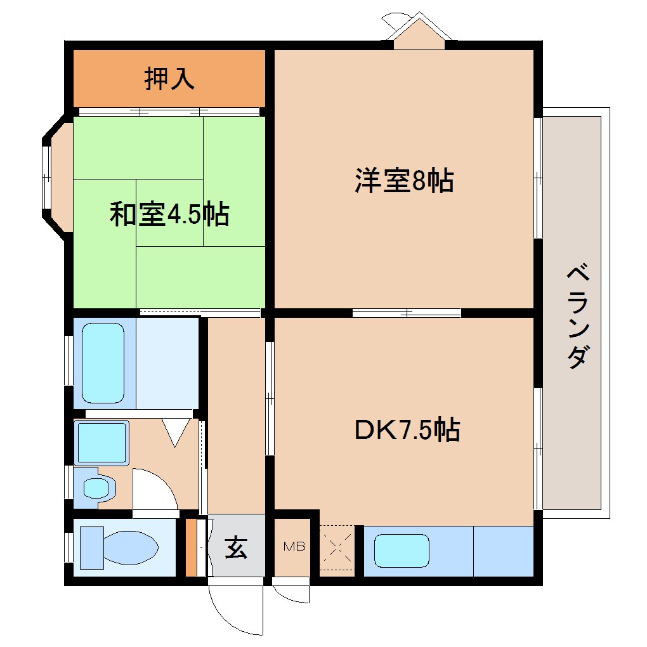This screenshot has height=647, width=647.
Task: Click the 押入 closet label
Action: (x=169, y=79)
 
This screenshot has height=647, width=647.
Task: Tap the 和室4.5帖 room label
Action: (x=169, y=215)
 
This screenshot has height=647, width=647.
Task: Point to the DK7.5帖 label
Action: (x=407, y=431)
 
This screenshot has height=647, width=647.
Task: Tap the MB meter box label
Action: (x=294, y=546)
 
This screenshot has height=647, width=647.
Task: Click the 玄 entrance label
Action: (x=236, y=547)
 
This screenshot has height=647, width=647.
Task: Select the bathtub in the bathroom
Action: (x=103, y=363)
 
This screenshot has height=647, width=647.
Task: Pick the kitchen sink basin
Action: (x=402, y=550)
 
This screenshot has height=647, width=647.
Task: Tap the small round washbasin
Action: (x=96, y=488)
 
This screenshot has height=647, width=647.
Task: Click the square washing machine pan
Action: (x=101, y=441)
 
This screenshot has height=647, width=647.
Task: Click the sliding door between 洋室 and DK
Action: (x=407, y=312)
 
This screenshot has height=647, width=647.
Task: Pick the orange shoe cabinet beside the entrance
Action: (x=190, y=547)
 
